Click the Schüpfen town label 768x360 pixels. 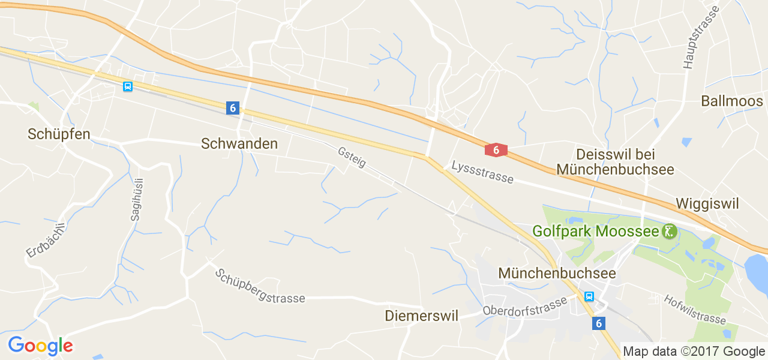(59, 134)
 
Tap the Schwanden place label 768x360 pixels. (239, 144)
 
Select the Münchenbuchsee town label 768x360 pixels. (557, 273)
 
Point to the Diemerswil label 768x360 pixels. (421, 316)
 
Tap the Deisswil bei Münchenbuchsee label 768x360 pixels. (615, 162)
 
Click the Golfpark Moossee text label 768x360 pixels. (595, 231)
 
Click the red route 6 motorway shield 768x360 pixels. (496, 150)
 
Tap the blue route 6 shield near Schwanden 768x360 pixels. (233, 108)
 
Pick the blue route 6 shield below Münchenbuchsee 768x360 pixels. (598, 323)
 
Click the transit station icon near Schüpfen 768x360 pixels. (127, 86)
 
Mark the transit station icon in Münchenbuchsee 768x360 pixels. (589, 296)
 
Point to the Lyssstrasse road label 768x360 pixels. (482, 172)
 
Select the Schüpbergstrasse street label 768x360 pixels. (260, 286)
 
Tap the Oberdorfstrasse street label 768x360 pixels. (524, 306)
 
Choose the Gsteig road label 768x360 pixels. (352, 157)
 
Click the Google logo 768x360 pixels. (40, 346)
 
